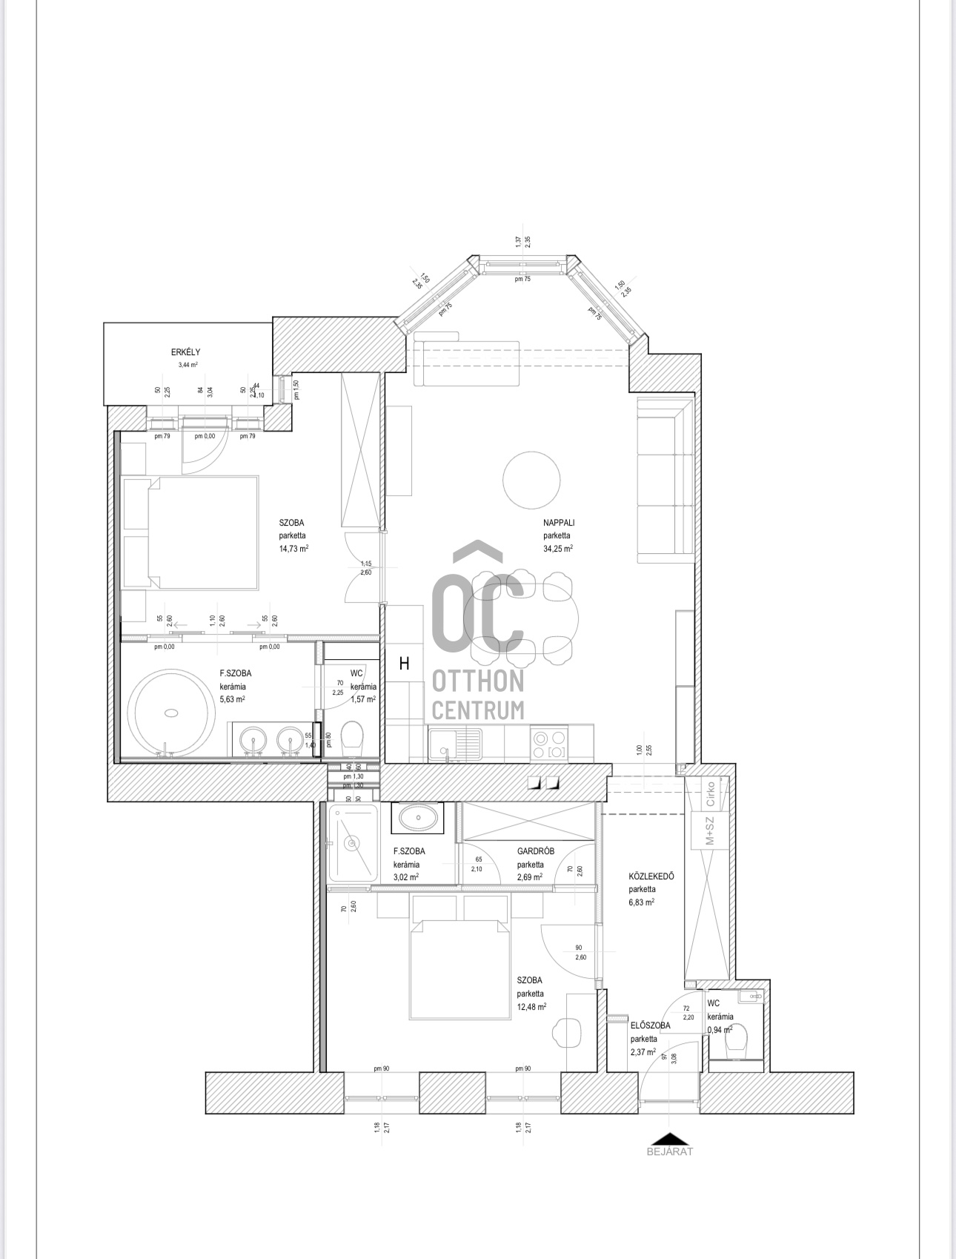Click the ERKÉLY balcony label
coord(185,352)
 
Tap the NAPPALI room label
coord(558,523)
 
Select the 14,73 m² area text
coord(293,549)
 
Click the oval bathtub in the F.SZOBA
coord(171,713)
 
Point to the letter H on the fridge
coord(405,664)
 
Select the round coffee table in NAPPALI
coord(531,480)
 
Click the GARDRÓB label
coord(535,851)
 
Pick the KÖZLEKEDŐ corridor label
coord(651,876)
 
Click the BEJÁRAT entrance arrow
coord(669,1140)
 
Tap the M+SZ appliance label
coord(710,830)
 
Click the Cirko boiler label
coord(711,793)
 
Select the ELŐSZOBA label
coord(650,1025)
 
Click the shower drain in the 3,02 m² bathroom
coord(352,843)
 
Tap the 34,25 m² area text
coord(557,549)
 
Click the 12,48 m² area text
coord(531,1007)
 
